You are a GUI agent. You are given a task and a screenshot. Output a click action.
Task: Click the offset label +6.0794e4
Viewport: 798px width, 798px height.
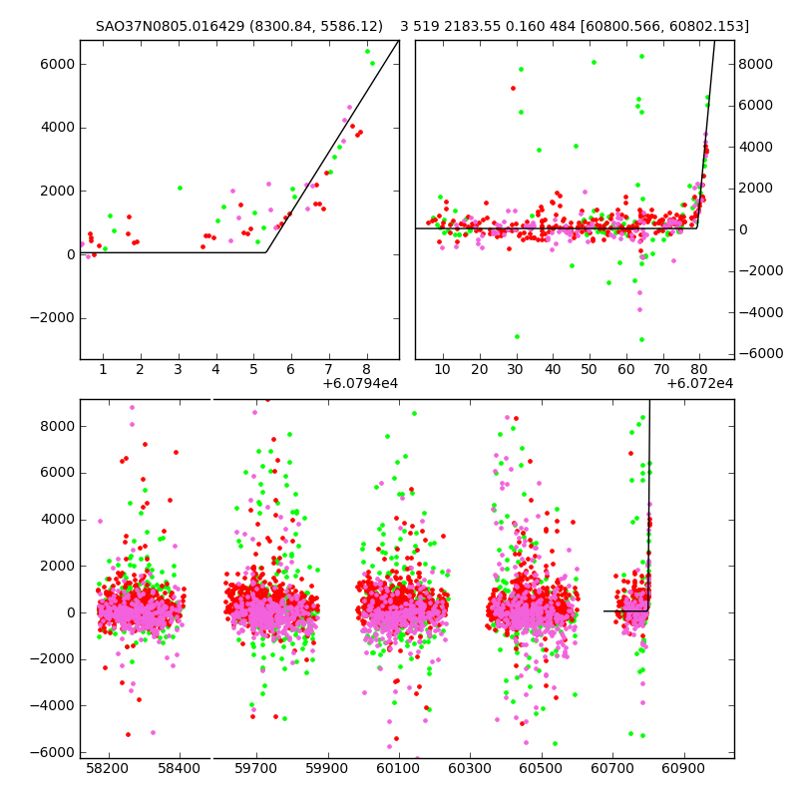(360, 383)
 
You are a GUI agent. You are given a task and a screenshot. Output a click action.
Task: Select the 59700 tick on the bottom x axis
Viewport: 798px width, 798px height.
(255, 769)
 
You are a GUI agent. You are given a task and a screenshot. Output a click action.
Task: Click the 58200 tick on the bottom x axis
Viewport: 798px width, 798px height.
(107, 769)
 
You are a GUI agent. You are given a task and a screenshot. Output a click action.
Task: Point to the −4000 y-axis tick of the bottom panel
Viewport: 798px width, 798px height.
(50, 705)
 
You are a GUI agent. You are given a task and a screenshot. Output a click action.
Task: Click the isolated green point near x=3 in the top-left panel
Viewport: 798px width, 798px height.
(180, 188)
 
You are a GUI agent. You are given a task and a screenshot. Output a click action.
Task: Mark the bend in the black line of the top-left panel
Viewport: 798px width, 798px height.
(265, 252)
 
